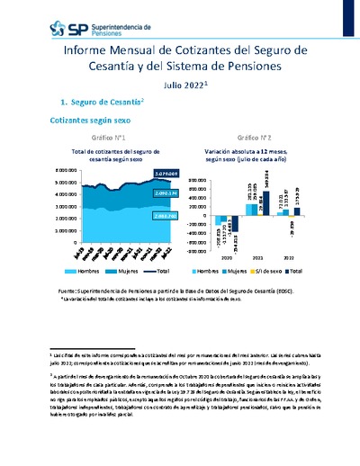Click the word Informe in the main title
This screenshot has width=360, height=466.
pos(91,53)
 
